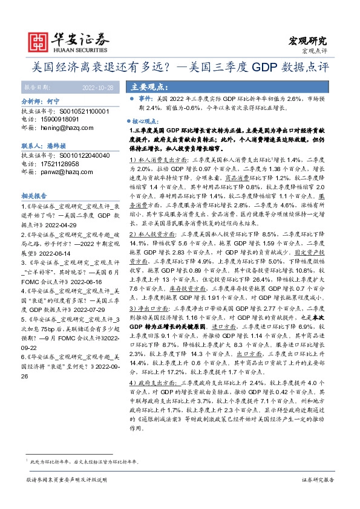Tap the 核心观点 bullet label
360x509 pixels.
click(149, 121)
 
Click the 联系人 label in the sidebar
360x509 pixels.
click(33, 146)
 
